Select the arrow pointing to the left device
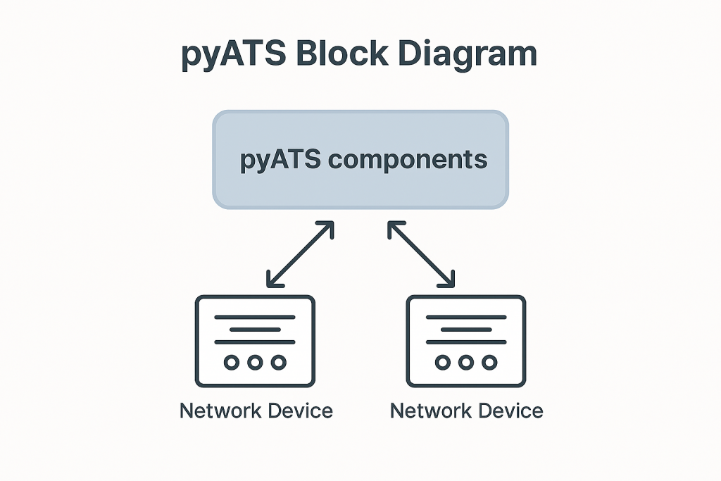[x=300, y=255]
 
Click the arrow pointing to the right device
[x=422, y=255]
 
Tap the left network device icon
[x=255, y=341]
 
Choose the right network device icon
[x=466, y=341]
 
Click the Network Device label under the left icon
[x=256, y=410]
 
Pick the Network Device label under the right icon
[x=467, y=410]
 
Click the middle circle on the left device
[x=255, y=363]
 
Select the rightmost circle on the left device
[x=279, y=363]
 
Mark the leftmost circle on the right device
[x=442, y=363]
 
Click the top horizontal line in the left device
[x=255, y=317]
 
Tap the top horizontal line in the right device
[x=466, y=317]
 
